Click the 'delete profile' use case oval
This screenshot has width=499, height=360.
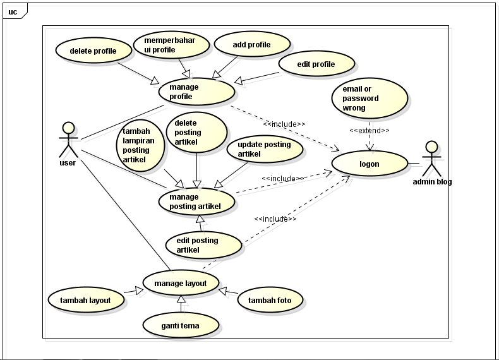click(93, 51)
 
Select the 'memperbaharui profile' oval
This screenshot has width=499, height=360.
click(171, 45)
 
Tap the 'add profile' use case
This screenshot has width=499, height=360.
click(251, 45)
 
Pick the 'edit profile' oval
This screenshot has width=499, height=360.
click(316, 64)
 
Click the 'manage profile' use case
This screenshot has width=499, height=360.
click(196, 92)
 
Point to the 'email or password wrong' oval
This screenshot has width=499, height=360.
click(370, 99)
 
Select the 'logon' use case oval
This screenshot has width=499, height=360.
click(370, 164)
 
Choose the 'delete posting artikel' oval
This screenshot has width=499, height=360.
click(196, 133)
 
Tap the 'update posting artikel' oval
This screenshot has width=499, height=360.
click(265, 149)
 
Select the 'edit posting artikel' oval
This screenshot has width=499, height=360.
click(203, 245)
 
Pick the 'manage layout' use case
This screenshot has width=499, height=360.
click(181, 284)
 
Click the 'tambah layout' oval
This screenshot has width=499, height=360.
click(86, 300)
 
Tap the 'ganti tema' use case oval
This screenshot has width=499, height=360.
click(181, 326)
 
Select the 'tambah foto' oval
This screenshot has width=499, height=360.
click(270, 300)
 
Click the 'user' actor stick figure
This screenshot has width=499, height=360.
click(68, 140)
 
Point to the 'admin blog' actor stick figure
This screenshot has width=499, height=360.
click(431, 159)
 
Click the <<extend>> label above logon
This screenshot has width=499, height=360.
click(370, 131)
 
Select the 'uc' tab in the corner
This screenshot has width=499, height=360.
click(13, 11)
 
